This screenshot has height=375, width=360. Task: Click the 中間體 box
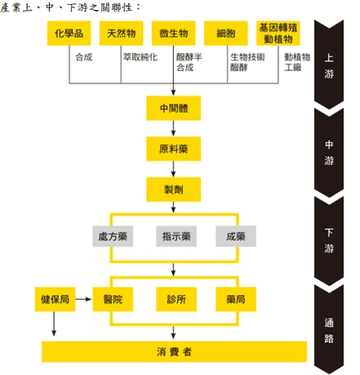(174, 108)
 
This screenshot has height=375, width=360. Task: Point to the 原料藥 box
(174, 150)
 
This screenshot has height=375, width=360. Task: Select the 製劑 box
(174, 189)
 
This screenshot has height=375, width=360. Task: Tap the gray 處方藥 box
(111, 237)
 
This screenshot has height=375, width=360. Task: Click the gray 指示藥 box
(174, 237)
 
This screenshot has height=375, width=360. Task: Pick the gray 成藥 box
(236, 237)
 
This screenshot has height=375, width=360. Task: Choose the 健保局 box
(55, 300)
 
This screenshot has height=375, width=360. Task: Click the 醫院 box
(112, 300)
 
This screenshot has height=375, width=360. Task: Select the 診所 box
(174, 300)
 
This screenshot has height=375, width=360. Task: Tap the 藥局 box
(236, 300)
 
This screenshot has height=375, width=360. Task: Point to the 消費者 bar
(174, 351)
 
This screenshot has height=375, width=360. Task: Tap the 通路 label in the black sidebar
(329, 331)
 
